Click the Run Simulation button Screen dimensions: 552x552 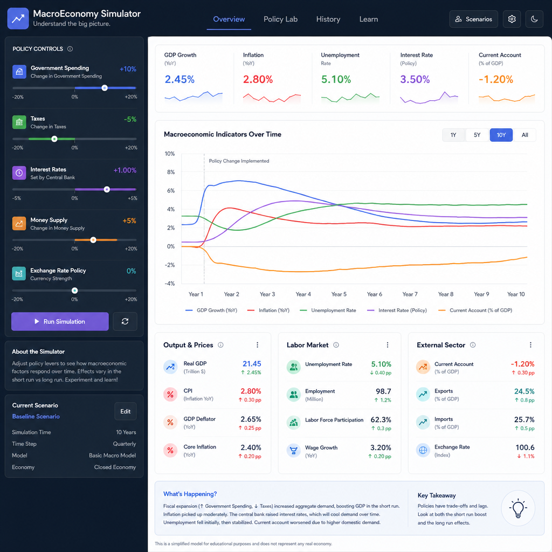coord(60,321)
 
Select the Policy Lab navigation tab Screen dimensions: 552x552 coord(280,19)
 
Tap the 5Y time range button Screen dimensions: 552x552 coord(477,135)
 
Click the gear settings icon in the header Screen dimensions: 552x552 coord(512,19)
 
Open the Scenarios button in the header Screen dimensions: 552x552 coord(473,19)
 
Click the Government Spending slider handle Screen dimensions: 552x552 coord(105,88)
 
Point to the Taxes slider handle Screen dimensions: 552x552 coord(54,139)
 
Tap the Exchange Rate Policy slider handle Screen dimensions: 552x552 coord(74,291)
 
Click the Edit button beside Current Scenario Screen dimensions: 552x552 coord(125,411)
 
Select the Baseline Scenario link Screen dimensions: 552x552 coord(36,417)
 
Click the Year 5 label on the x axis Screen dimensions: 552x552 coord(339,294)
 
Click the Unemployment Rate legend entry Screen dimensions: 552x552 coord(328,310)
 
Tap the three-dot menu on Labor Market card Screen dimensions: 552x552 coord(388,345)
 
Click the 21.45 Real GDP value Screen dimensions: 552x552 coord(252,364)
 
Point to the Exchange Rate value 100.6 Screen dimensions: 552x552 coord(525,447)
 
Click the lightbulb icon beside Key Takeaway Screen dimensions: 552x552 coord(518,508)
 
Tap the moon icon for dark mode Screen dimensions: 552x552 coord(534,19)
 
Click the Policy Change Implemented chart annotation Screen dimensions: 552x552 coord(239,161)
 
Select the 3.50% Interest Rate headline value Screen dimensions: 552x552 coord(415,80)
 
